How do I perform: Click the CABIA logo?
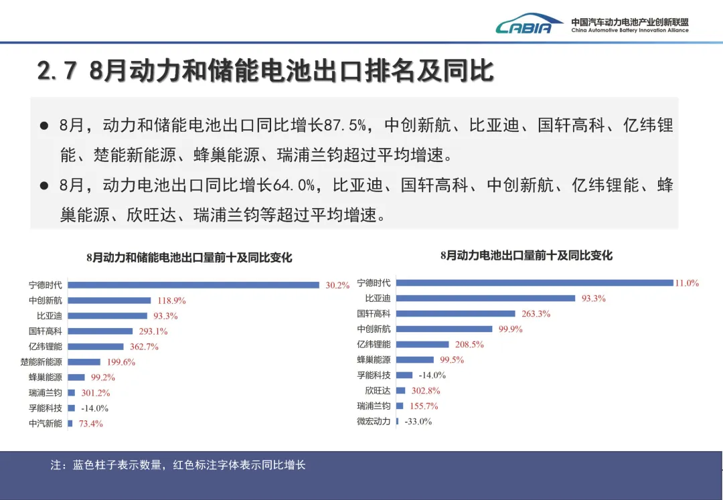coord(530,23)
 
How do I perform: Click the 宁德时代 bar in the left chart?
coord(193,285)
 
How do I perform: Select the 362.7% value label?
coord(144,347)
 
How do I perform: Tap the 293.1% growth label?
coord(153,331)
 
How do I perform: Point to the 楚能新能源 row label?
coord(41,361)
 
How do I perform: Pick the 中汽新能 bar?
coord(70,424)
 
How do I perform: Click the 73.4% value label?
coord(91,424)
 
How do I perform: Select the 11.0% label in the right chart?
coord(687,283)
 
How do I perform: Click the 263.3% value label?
coord(536,314)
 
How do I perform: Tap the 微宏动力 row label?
coord(374,421)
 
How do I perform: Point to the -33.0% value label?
coord(418,421)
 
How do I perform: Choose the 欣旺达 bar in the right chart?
coord(401,391)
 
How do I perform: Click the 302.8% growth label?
coord(426,391)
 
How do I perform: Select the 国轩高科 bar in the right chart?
coord(456,314)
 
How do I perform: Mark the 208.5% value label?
coord(469,345)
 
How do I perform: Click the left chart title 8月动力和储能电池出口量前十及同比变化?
coord(189,257)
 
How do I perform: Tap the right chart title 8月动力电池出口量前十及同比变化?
coord(526,255)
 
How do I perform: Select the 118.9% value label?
coord(171,301)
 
